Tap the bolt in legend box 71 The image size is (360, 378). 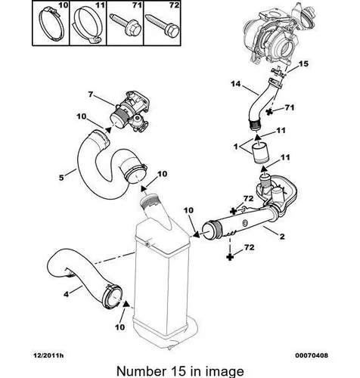click(x=124, y=24)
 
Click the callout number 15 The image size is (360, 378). click(x=303, y=64)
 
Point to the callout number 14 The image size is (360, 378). click(x=236, y=84)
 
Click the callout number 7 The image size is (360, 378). click(x=91, y=94)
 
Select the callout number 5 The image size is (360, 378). click(x=61, y=178)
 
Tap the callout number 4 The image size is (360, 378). click(x=66, y=294)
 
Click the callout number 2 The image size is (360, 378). click(x=282, y=237)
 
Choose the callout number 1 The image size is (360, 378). click(x=236, y=147)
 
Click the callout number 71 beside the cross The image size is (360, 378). click(x=290, y=107)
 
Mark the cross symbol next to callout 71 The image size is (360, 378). click(x=270, y=112)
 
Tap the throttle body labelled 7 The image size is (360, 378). click(x=131, y=111)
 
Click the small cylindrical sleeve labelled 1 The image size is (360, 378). click(x=261, y=153)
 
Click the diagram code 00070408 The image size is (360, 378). click(x=312, y=355)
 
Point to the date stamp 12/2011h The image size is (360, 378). click(x=48, y=355)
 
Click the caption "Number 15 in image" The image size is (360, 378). click(x=180, y=371)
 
